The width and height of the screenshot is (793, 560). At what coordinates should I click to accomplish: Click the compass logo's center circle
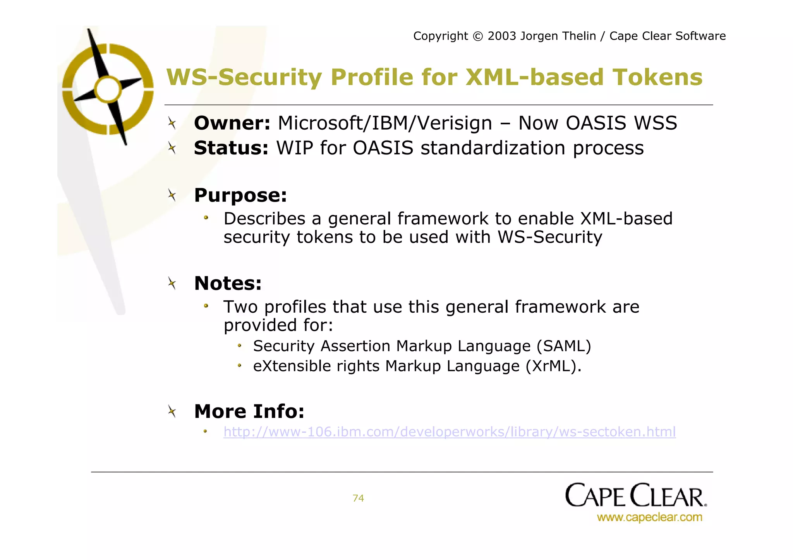point(108,89)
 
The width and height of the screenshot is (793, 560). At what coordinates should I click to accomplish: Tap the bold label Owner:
point(232,123)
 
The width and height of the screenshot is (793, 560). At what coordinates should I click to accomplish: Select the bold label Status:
point(231,148)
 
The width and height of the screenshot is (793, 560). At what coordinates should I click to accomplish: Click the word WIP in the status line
point(294,148)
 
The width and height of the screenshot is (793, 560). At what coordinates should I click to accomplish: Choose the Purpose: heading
point(240,195)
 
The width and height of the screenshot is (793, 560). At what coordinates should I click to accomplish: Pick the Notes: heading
point(228,283)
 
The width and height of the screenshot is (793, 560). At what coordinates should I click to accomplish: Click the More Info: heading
point(249,411)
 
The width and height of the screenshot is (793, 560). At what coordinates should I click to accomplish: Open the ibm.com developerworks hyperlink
point(450,432)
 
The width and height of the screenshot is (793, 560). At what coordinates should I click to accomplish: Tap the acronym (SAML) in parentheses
point(564,346)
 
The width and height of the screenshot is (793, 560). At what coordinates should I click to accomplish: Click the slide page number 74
point(358,498)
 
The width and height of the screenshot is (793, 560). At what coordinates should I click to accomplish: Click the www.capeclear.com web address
point(649,517)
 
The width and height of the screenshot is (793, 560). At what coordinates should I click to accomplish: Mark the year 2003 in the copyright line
point(502,36)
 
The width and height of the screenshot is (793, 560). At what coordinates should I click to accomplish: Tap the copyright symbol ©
point(478,36)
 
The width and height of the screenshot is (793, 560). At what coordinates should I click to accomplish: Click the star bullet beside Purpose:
point(172,195)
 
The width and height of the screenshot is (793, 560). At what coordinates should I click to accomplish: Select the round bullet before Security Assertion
point(240,346)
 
